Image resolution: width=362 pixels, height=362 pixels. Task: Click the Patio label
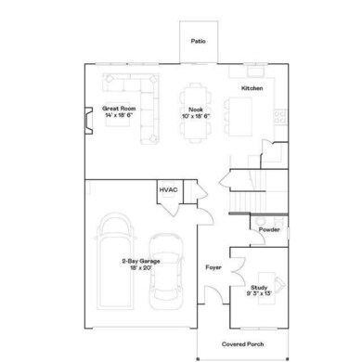(198, 42)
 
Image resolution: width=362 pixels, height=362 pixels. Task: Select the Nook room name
(196, 108)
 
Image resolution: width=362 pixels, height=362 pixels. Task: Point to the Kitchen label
(252, 87)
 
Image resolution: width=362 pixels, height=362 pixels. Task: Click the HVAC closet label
(168, 190)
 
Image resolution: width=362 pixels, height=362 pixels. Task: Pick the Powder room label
(269, 229)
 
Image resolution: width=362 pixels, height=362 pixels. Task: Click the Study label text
(259, 288)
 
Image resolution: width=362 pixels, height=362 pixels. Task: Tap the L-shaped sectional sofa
(139, 107)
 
